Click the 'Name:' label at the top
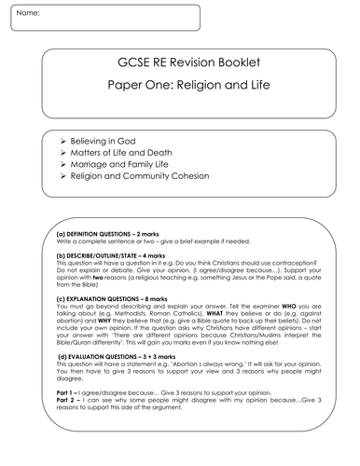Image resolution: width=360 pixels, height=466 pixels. coord(29,15)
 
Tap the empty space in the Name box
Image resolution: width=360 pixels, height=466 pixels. coord(121,16)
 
